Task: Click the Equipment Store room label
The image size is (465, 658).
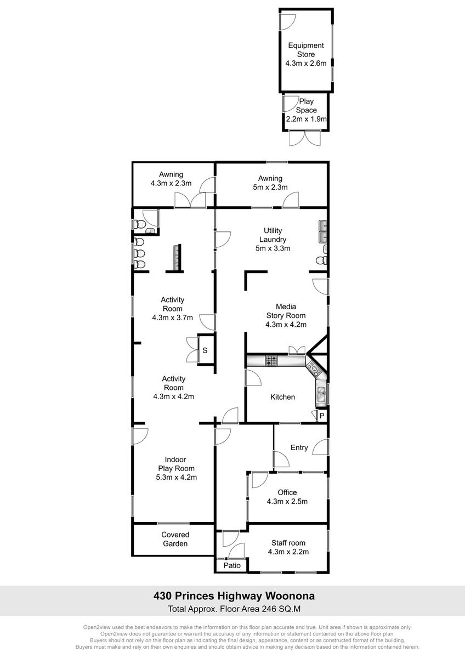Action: coord(306,54)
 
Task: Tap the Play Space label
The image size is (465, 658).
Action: coord(306,110)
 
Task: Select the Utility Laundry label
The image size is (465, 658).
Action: coord(273,240)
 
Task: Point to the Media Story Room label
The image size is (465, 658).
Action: coord(286,315)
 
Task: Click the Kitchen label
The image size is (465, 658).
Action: coord(282,397)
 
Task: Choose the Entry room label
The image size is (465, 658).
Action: coord(299,447)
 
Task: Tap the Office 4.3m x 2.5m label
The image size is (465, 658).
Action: coord(287,497)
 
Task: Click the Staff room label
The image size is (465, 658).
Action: coord(288,547)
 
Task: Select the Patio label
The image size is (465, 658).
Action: coord(232,565)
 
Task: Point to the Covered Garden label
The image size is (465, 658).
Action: coord(175,539)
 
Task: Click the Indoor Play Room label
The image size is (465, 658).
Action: coord(176,468)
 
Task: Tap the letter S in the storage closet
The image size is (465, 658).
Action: coord(205,350)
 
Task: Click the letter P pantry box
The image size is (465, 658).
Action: coord(322,416)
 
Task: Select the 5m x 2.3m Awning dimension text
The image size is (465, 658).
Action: coord(270,187)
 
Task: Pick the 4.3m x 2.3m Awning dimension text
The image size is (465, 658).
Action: coord(171,183)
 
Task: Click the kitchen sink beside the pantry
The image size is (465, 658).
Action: coord(321,393)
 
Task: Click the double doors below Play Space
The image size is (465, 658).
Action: coord(305,138)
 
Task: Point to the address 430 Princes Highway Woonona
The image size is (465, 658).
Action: coord(234,596)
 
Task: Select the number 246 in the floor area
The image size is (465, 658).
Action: coord(270,609)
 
